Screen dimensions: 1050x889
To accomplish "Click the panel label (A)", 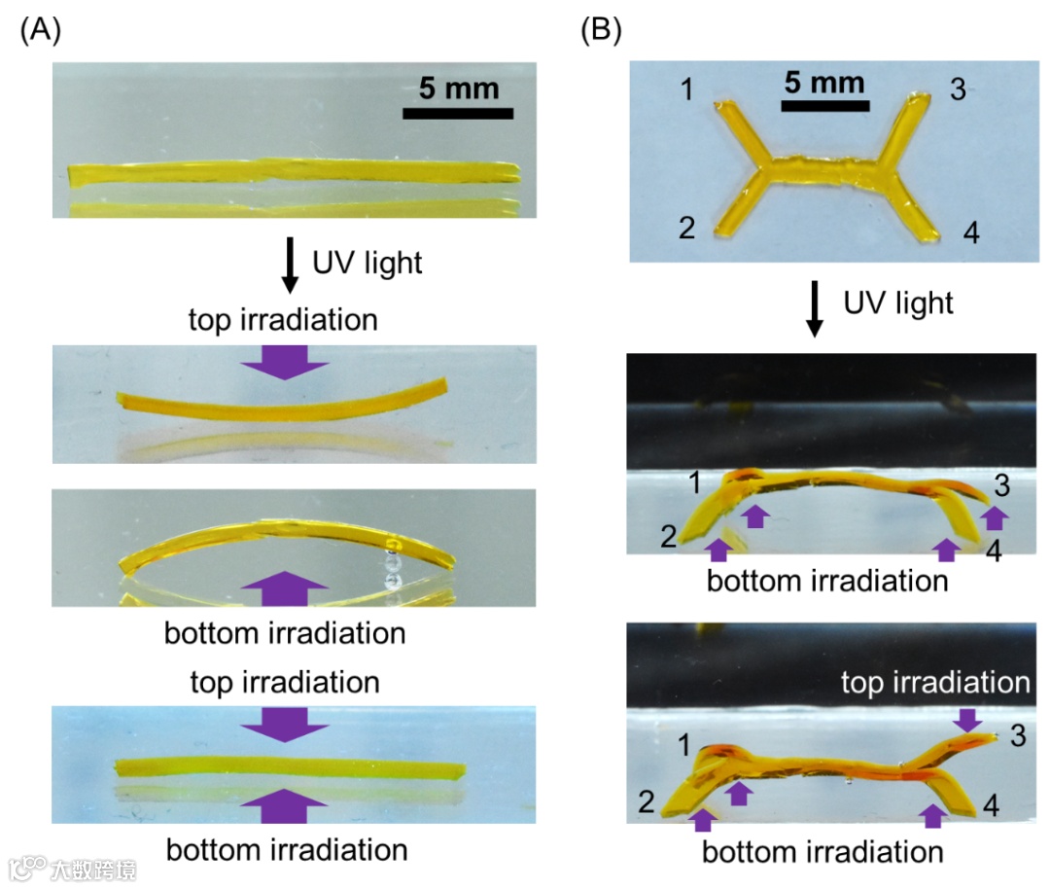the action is [x=41, y=31].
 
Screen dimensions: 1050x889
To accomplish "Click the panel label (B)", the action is [x=600, y=31].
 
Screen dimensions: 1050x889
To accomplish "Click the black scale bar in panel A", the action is [x=458, y=113].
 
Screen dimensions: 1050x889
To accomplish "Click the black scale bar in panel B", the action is [x=823, y=105].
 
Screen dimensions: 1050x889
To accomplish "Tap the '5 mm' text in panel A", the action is [x=458, y=89].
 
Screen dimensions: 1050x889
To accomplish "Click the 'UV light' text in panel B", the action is [x=897, y=302].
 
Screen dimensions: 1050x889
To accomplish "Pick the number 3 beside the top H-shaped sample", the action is [x=957, y=90].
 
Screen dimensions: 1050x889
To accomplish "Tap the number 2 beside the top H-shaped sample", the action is [x=687, y=229].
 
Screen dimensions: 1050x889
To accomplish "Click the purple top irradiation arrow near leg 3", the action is [x=965, y=721].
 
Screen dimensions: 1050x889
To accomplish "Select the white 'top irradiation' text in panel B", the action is [x=933, y=683].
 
